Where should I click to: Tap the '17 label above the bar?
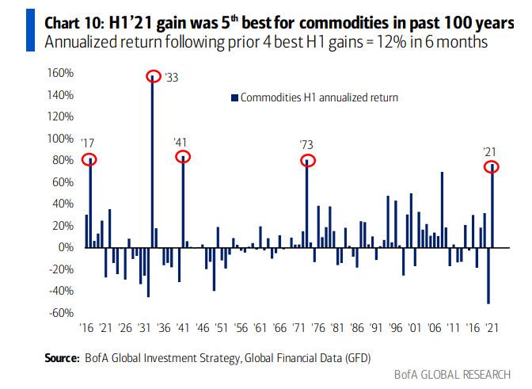(x=87, y=143)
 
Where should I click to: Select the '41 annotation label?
(x=181, y=142)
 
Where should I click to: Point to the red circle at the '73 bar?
(x=307, y=161)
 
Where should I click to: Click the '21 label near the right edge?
(x=491, y=151)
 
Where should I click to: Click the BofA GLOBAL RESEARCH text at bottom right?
(x=457, y=375)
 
